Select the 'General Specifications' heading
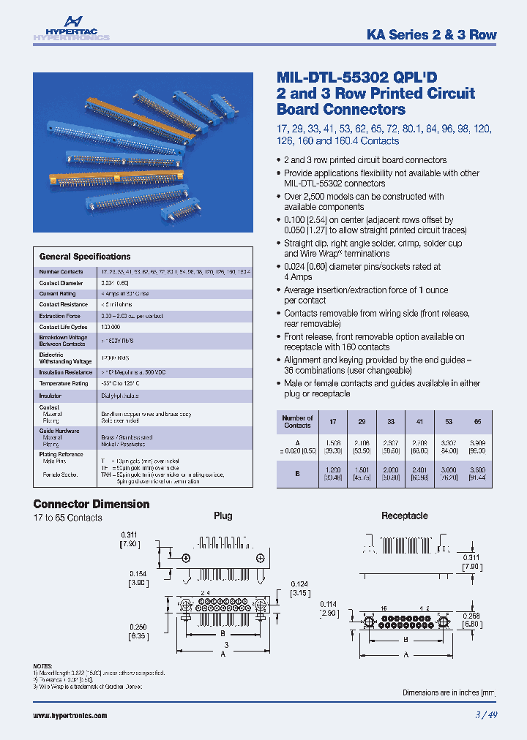(x=84, y=257)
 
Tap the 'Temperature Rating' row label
(x=63, y=383)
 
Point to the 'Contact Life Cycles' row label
(x=63, y=327)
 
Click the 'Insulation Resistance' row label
(x=65, y=372)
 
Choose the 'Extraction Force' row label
(x=59, y=316)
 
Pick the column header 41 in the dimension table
(x=419, y=421)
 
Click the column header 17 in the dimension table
(x=333, y=421)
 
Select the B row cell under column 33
(x=390, y=472)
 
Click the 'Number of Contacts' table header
(x=297, y=421)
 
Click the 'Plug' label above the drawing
(x=223, y=516)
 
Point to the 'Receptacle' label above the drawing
(x=404, y=516)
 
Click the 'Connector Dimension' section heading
(x=91, y=504)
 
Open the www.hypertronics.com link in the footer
(x=70, y=715)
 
